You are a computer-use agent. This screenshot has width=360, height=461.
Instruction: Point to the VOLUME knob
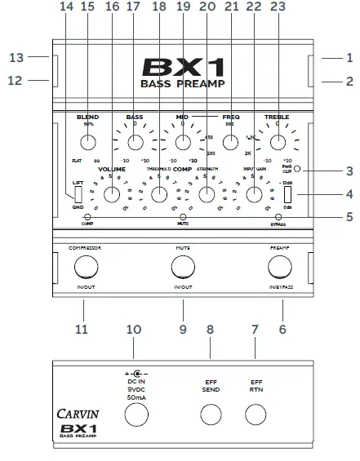click(x=113, y=195)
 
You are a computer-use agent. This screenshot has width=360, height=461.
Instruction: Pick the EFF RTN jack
click(x=257, y=416)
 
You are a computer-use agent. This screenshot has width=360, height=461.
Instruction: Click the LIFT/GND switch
click(x=78, y=195)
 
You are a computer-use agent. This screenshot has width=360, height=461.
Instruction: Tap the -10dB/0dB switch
click(x=287, y=196)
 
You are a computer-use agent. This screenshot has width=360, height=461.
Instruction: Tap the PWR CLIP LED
click(x=297, y=169)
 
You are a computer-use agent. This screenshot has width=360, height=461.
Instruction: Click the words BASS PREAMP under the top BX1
click(x=182, y=83)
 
